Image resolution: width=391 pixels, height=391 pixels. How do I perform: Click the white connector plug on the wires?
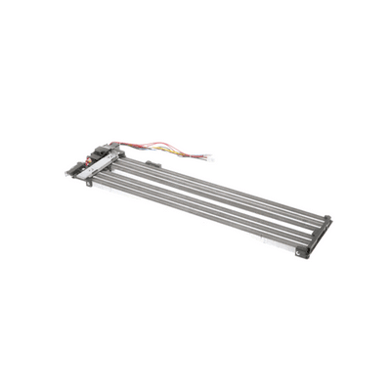tap(204, 157)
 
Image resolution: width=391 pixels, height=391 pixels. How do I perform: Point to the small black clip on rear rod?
tap(152, 163)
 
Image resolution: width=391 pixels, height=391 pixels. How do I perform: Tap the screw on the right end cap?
tap(303, 250)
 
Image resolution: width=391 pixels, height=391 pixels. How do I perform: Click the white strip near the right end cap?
tap(283, 243)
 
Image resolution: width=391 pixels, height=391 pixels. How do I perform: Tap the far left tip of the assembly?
tap(67, 173)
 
